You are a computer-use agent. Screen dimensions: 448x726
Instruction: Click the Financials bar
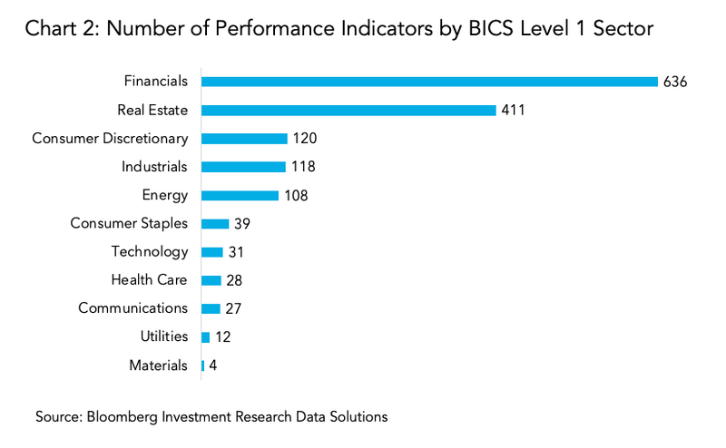click(429, 82)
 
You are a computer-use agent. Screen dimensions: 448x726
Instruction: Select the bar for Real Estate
click(348, 110)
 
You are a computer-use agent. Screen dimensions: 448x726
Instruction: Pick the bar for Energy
click(240, 195)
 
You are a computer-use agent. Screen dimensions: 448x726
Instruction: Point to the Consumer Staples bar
click(215, 223)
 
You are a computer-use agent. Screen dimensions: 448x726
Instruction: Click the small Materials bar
click(202, 365)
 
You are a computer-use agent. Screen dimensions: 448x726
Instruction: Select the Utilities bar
click(205, 337)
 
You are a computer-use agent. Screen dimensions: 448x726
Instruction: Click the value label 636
click(676, 82)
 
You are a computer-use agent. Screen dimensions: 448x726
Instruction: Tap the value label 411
click(513, 111)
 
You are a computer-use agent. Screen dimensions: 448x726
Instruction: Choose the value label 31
click(236, 252)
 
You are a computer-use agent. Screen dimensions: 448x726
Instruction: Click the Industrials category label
click(155, 167)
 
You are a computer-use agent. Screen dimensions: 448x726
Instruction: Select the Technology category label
click(150, 252)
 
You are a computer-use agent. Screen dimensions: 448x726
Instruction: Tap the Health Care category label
click(150, 280)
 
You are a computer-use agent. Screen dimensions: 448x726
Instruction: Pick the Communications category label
click(133, 308)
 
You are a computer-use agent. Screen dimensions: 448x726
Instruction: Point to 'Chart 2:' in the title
click(58, 30)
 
